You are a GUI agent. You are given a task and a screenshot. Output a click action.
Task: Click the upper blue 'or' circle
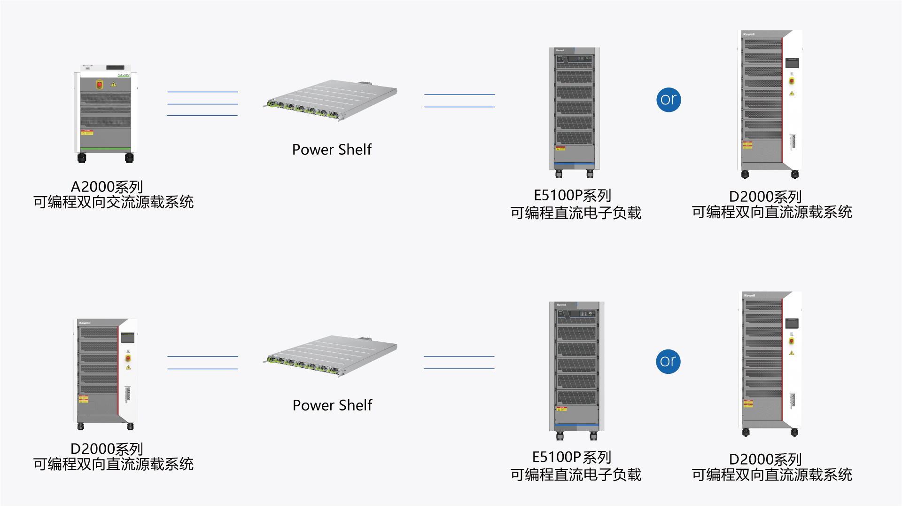(x=669, y=100)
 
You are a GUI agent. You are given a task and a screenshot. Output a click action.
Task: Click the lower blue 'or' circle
(x=668, y=362)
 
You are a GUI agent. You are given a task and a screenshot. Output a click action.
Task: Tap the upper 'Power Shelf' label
(x=332, y=150)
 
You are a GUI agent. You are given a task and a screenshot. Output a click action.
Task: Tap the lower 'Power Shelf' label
(x=332, y=405)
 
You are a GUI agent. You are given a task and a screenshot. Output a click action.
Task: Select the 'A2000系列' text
(x=107, y=187)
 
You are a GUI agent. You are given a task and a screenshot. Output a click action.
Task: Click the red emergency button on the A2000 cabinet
(x=99, y=85)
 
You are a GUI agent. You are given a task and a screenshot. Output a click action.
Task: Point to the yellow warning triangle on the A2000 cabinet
(x=113, y=85)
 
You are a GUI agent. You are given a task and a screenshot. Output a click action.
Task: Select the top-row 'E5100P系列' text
(x=572, y=195)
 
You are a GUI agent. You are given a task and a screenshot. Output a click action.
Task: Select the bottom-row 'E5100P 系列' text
(x=571, y=457)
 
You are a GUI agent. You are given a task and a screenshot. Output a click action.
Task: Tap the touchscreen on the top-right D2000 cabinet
(x=792, y=63)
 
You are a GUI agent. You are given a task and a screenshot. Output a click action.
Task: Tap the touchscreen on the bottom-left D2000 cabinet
(x=127, y=338)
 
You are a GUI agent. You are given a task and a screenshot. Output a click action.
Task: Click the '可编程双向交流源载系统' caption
(x=113, y=202)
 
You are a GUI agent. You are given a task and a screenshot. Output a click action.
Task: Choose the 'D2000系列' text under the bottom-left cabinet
(x=107, y=449)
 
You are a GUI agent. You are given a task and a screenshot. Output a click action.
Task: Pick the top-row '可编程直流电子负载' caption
(x=575, y=213)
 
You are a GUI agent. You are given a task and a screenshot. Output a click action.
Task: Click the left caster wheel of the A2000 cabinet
(x=82, y=158)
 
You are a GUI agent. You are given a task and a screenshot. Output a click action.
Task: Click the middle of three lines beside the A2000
(x=202, y=104)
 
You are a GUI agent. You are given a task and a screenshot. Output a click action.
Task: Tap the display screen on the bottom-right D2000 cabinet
(x=792, y=324)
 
